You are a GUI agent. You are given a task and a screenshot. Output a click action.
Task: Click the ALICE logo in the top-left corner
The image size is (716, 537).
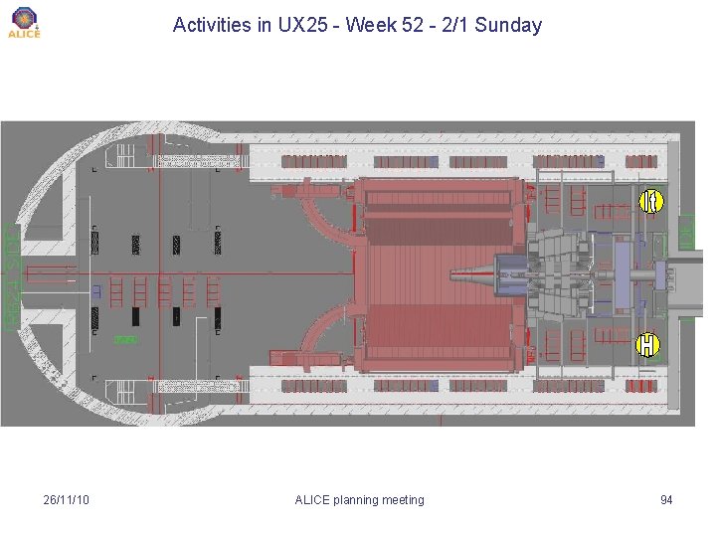[24, 22]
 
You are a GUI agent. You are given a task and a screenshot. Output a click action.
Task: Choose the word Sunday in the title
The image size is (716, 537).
[508, 25]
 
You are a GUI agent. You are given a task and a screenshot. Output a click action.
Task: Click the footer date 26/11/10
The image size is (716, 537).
[67, 499]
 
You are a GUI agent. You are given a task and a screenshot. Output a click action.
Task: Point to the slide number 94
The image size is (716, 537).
[666, 499]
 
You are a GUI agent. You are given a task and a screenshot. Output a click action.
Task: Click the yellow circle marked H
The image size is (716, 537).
[647, 345]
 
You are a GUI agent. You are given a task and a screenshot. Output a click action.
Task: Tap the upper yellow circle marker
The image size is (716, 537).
[650, 201]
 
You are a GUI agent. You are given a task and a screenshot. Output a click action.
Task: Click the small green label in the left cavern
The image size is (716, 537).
[124, 340]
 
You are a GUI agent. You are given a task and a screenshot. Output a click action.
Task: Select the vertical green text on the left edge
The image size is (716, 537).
[10, 275]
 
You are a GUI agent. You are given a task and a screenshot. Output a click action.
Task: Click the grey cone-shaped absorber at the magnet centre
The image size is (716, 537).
[472, 274]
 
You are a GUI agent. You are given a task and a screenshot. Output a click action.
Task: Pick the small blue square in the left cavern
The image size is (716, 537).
[96, 291]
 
